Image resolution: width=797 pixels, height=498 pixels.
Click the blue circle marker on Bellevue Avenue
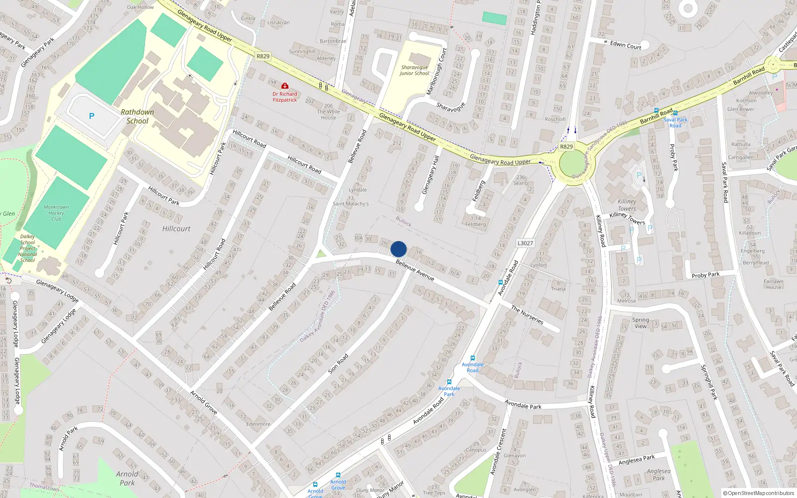tap(398, 249)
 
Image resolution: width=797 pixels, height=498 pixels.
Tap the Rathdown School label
tap(137, 117)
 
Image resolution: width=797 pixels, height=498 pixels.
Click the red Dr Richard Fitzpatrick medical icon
tap(285, 86)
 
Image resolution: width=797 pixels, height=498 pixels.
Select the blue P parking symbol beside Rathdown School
tap(91, 116)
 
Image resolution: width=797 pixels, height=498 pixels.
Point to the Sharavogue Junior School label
tap(414, 70)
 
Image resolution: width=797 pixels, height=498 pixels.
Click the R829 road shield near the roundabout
tap(566, 146)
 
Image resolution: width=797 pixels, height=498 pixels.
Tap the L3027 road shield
tap(525, 243)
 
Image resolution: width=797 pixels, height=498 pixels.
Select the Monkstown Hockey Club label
tap(56, 213)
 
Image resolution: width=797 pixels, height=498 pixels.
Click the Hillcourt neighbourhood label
tap(176, 229)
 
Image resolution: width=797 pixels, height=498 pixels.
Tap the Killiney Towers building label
tap(627, 205)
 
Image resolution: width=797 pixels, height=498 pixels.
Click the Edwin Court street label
tap(626, 45)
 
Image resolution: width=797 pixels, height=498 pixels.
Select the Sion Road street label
tap(338, 364)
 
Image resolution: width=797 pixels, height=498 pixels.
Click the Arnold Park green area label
tap(127, 478)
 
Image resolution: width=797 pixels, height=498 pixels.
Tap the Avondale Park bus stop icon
tap(449, 382)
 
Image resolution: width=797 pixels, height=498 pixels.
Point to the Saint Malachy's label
tap(351, 204)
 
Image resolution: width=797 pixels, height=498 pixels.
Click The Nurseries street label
tap(527, 315)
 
